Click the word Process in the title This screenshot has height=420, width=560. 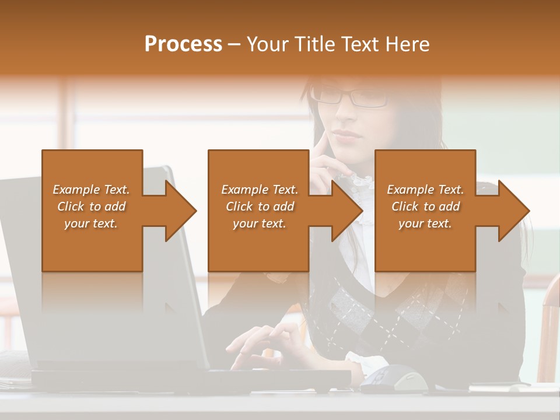pos(183,44)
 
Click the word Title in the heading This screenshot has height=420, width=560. pos(315,44)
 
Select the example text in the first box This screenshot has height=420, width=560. pos(92,206)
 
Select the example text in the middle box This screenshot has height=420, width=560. pos(260,206)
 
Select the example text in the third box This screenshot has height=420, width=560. pos(425,206)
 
